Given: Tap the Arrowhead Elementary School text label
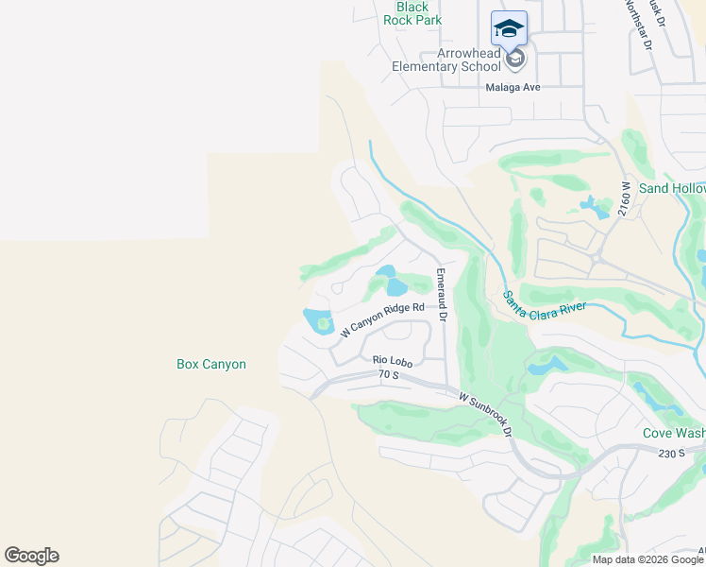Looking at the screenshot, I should [447, 60].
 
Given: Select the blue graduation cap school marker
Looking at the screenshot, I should [509, 28].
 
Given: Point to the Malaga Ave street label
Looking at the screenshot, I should [513, 87].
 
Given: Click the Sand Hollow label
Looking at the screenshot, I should [672, 188].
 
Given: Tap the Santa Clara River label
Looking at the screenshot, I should [545, 307].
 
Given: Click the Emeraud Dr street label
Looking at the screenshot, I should [441, 292].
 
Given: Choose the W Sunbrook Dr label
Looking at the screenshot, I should [485, 414].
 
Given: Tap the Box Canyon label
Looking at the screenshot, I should [211, 364].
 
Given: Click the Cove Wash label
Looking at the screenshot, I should [674, 433].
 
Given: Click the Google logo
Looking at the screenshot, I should [31, 556].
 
